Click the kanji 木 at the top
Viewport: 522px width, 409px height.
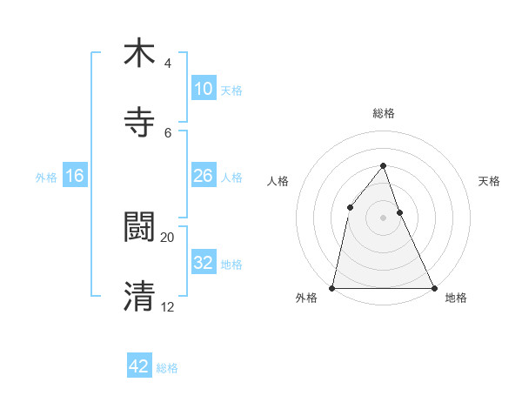coord(139,53)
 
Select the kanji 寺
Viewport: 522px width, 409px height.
coord(139,121)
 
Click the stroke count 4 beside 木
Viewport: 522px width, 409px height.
coord(167,64)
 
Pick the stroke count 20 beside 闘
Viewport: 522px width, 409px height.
coord(168,237)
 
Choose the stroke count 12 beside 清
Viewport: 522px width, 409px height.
coord(168,305)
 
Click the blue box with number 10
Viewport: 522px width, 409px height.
coord(204,89)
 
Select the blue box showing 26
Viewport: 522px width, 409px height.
coord(204,176)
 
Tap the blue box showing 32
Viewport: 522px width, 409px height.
coord(204,263)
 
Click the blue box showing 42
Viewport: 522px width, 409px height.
coord(139,366)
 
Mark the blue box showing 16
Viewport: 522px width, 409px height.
coord(75,176)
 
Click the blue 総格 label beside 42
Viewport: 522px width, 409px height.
coord(167,368)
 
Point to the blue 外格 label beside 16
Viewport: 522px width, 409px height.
coord(46,177)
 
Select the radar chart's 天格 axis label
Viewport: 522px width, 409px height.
coord(490,181)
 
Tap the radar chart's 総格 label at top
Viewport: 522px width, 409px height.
coord(383,113)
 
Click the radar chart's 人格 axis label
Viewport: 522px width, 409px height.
coord(278,181)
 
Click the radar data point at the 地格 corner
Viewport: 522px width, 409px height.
coord(434,287)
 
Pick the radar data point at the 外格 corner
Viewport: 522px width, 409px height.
coord(332,287)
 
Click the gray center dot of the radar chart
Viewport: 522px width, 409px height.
coord(383,218)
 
